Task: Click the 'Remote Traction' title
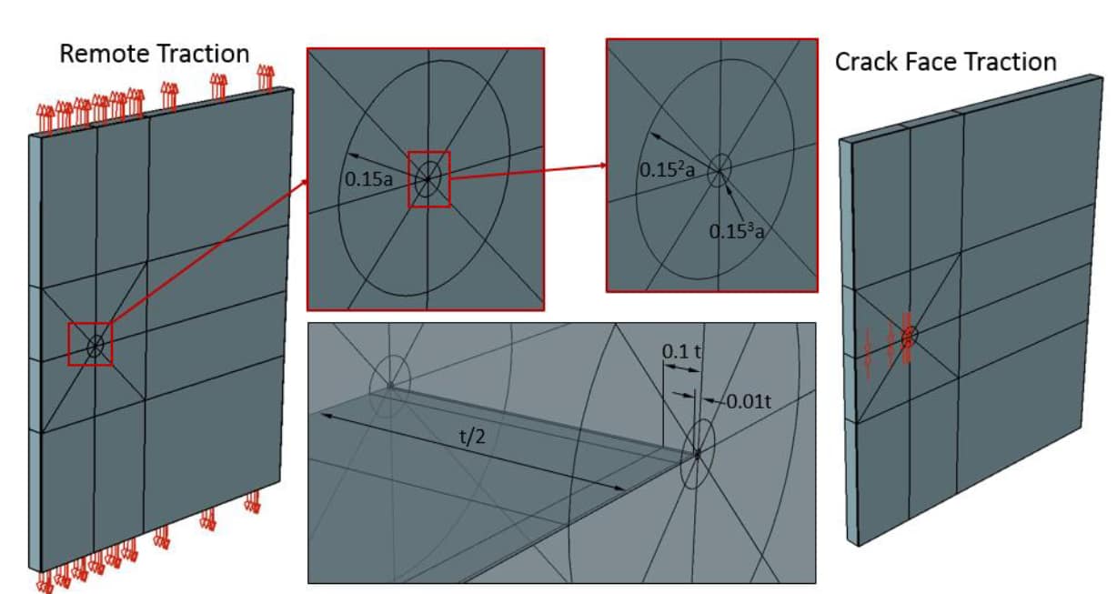coord(154,54)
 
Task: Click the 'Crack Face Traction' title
coord(945,62)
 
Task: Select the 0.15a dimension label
coord(369,179)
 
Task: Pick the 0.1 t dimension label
coord(681,351)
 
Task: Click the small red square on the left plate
coord(91,344)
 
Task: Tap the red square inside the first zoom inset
coord(428,178)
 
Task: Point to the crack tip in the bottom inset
coord(697,454)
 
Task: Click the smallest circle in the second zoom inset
coord(720,169)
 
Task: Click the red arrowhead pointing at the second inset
coord(601,166)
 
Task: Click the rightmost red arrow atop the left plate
coord(266,76)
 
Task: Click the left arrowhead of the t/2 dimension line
coord(318,412)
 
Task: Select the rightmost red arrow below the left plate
coord(252,501)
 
